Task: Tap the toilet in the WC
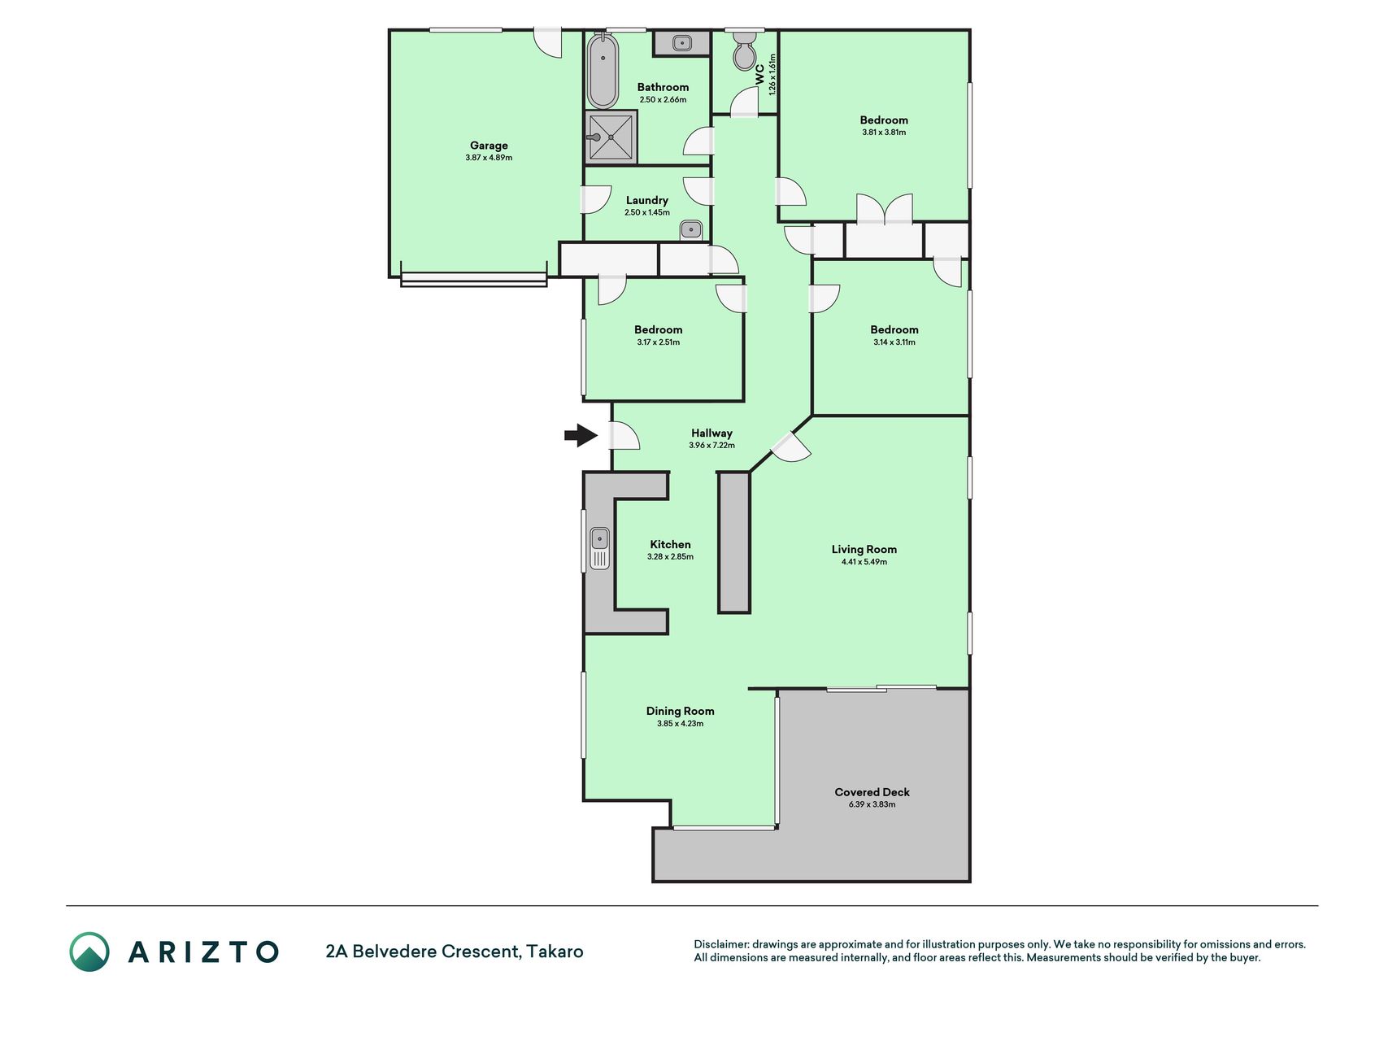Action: (x=744, y=51)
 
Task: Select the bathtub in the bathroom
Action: (x=603, y=71)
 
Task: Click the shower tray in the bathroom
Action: (x=611, y=137)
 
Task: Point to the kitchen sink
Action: (x=600, y=547)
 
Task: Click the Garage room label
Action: (x=489, y=146)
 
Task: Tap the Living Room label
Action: (x=864, y=549)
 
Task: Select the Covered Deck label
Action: (x=872, y=792)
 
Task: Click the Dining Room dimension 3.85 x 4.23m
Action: (x=680, y=724)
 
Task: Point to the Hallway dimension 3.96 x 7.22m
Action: (x=711, y=446)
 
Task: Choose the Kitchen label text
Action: (x=670, y=545)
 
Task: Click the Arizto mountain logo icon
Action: (x=89, y=952)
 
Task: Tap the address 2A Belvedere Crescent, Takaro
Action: (x=455, y=952)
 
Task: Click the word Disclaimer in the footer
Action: (x=720, y=945)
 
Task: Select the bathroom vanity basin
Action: (x=681, y=42)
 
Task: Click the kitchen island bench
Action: (x=733, y=542)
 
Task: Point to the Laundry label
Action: (x=647, y=200)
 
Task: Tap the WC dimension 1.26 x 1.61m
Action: (x=772, y=74)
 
